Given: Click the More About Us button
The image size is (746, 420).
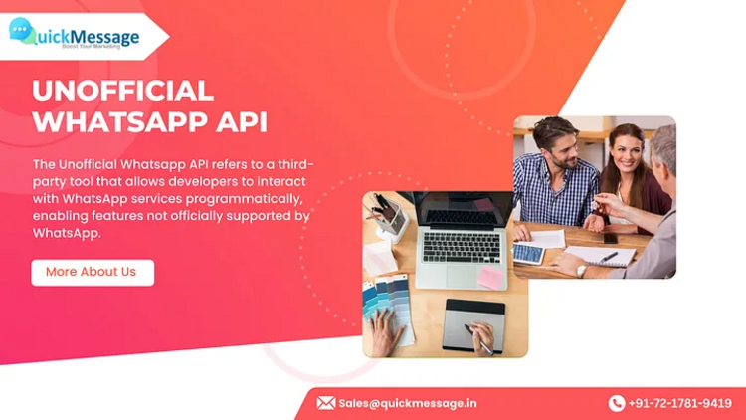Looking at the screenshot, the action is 93,273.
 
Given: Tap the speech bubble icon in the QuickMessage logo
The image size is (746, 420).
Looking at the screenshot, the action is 22,31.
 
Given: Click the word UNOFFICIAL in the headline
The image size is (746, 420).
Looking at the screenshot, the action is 122,91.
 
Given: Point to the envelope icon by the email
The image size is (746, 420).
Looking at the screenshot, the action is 326,403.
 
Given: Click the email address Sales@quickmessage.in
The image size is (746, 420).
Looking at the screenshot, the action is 407,403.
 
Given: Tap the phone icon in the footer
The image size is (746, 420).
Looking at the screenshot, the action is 616,403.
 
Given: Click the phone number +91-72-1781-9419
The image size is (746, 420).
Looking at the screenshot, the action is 680,403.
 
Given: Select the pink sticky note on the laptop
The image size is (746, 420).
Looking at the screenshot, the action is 490,277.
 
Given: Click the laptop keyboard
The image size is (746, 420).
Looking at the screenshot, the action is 462,247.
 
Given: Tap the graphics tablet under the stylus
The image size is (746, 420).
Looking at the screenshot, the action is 472,326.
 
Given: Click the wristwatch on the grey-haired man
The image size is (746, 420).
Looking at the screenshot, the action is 582,270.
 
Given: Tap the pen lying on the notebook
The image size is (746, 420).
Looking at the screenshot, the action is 609,257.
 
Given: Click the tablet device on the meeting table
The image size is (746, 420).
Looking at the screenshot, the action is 529,254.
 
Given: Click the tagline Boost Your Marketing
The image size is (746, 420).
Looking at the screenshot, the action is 91,46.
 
